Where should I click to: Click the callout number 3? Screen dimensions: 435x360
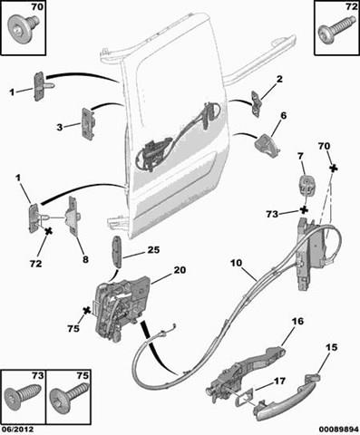click(x=60, y=128)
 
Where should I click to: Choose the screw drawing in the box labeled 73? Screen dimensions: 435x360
click(x=22, y=396)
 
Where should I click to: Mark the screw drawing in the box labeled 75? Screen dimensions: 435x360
click(x=69, y=397)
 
